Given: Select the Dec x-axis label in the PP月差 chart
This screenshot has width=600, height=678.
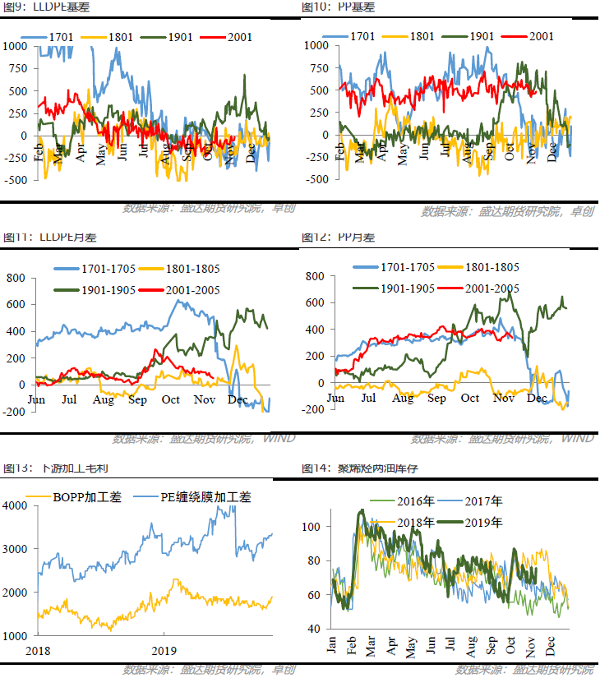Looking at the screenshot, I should [x=537, y=399].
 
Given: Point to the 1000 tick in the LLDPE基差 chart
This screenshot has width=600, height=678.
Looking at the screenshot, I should [x=15, y=46].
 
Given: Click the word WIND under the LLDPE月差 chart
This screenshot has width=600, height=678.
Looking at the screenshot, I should [x=278, y=438].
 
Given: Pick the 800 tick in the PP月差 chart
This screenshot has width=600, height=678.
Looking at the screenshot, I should [x=315, y=276].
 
